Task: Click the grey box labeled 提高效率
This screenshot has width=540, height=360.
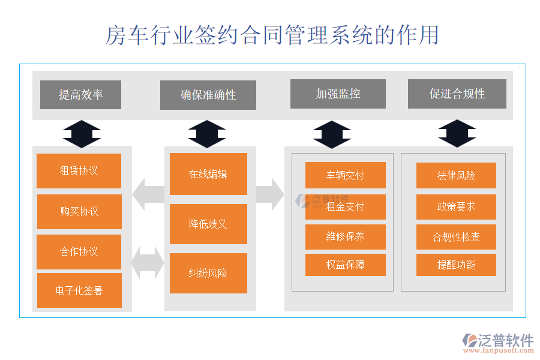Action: point(80,95)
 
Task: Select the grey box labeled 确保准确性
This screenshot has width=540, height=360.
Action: point(208,95)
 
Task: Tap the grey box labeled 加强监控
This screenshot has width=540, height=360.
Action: point(338,94)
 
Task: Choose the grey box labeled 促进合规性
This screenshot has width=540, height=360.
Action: point(457,94)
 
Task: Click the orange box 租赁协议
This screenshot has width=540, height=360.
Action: point(79,171)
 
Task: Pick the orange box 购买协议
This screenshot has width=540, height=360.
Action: point(79,211)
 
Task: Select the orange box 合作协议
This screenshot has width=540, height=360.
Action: point(79,252)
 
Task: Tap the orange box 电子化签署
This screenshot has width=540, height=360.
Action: point(79,291)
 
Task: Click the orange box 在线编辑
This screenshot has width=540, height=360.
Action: point(208,174)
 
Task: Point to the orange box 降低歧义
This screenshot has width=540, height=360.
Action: point(208,224)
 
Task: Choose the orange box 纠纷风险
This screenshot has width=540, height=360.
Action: point(208,274)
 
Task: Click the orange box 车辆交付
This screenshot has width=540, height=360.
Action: point(345,175)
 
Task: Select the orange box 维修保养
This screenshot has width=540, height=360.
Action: point(345,236)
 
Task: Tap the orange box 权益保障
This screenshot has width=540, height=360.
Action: point(345,265)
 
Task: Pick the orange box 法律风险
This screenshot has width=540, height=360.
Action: point(456,175)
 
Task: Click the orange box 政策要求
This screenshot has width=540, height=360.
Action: point(456,206)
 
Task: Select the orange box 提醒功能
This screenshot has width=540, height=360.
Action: point(456,265)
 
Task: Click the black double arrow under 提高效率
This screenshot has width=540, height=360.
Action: point(82,134)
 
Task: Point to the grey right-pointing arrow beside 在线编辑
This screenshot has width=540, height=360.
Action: point(270,194)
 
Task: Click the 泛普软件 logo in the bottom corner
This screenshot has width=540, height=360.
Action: point(497,342)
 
